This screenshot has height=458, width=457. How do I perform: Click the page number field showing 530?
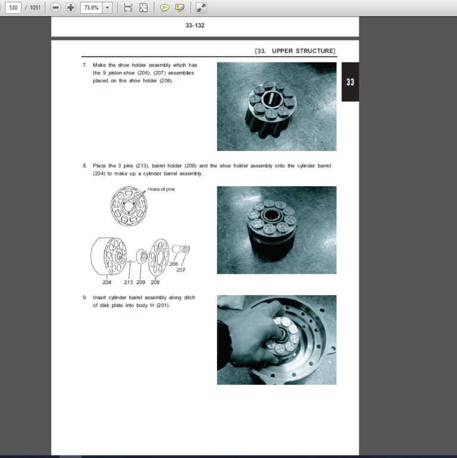(12, 7)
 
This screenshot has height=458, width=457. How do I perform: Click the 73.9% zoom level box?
(92, 7)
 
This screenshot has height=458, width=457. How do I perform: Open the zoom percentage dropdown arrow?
(108, 7)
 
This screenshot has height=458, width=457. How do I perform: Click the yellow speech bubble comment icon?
(164, 8)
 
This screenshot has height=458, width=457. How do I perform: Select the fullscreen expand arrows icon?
(201, 8)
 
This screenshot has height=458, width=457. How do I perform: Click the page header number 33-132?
(195, 26)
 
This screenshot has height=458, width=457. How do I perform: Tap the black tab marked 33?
(350, 82)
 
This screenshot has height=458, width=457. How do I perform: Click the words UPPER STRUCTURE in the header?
(303, 51)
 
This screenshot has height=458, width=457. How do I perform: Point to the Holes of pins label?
(161, 189)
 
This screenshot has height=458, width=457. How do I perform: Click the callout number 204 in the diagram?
(107, 282)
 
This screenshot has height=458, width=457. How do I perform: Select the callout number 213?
(129, 282)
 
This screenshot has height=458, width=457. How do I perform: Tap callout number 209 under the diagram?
(140, 282)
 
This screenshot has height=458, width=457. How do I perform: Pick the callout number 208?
(155, 282)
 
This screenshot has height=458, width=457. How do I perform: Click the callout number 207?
(181, 270)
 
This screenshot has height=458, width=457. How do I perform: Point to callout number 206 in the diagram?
(174, 263)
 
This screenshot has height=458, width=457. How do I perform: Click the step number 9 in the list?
(84, 297)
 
